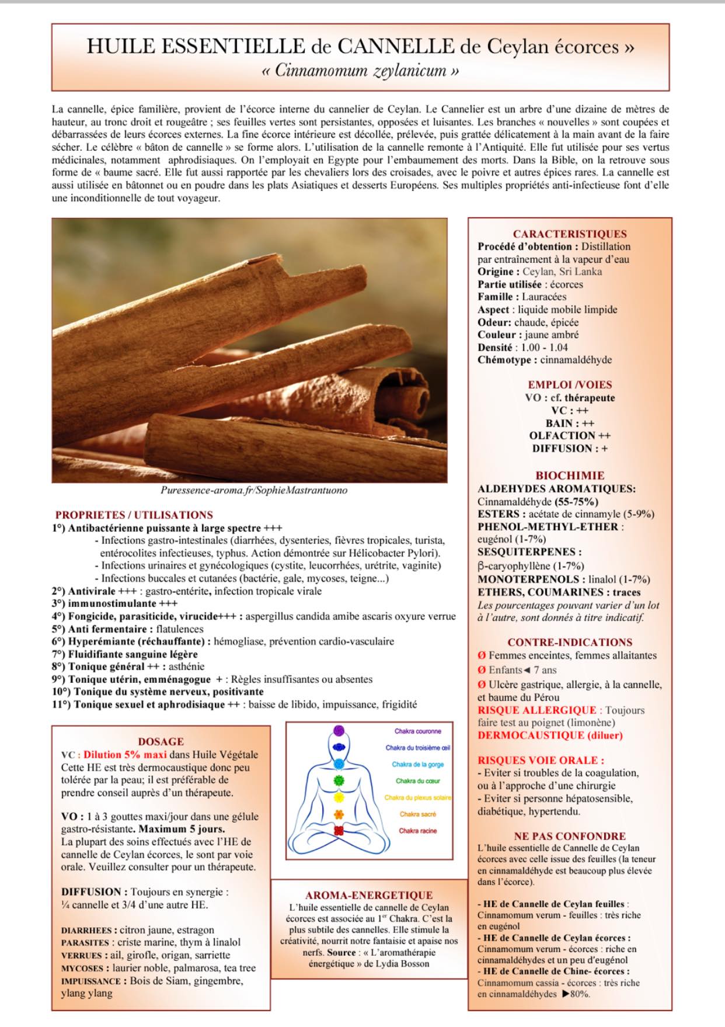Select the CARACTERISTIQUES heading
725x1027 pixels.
click(570, 234)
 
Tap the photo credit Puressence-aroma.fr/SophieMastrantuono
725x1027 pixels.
click(254, 490)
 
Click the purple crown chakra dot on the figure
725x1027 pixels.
click(339, 731)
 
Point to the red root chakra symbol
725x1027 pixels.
click(339, 831)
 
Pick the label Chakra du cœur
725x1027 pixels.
click(418, 781)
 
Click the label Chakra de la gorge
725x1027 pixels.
click(417, 764)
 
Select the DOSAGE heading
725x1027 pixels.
click(161, 741)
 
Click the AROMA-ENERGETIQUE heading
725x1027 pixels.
click(369, 895)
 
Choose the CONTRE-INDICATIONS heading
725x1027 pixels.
click(570, 642)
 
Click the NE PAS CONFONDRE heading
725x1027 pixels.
click(570, 836)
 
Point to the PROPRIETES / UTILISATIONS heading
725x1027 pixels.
click(134, 515)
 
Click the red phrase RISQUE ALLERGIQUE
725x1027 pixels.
click(536, 710)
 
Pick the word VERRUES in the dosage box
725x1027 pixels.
click(82, 956)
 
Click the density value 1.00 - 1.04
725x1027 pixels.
click(544, 347)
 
